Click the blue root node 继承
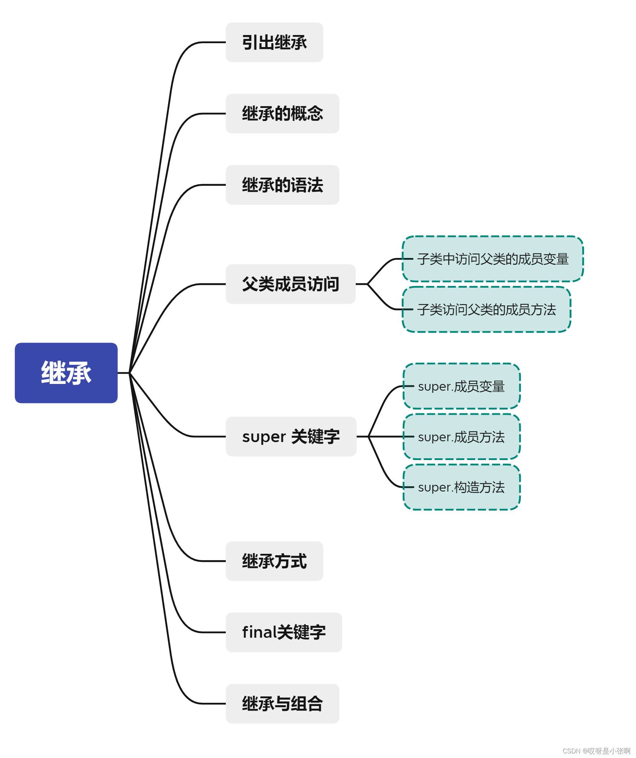[66, 373]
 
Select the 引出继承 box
[274, 42]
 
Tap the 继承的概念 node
[282, 114]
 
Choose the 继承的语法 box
[282, 185]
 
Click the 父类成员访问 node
[291, 284]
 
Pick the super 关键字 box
[291, 436]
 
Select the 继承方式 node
[274, 561]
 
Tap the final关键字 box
[284, 632]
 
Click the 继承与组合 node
[282, 704]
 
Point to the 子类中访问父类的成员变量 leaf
[493, 259]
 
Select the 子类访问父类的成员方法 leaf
[486, 309]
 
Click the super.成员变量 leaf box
[461, 386]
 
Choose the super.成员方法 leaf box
[461, 437]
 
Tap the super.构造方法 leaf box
[461, 487]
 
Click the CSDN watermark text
[596, 751]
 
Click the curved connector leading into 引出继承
[181, 58]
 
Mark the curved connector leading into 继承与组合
[181, 688]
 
